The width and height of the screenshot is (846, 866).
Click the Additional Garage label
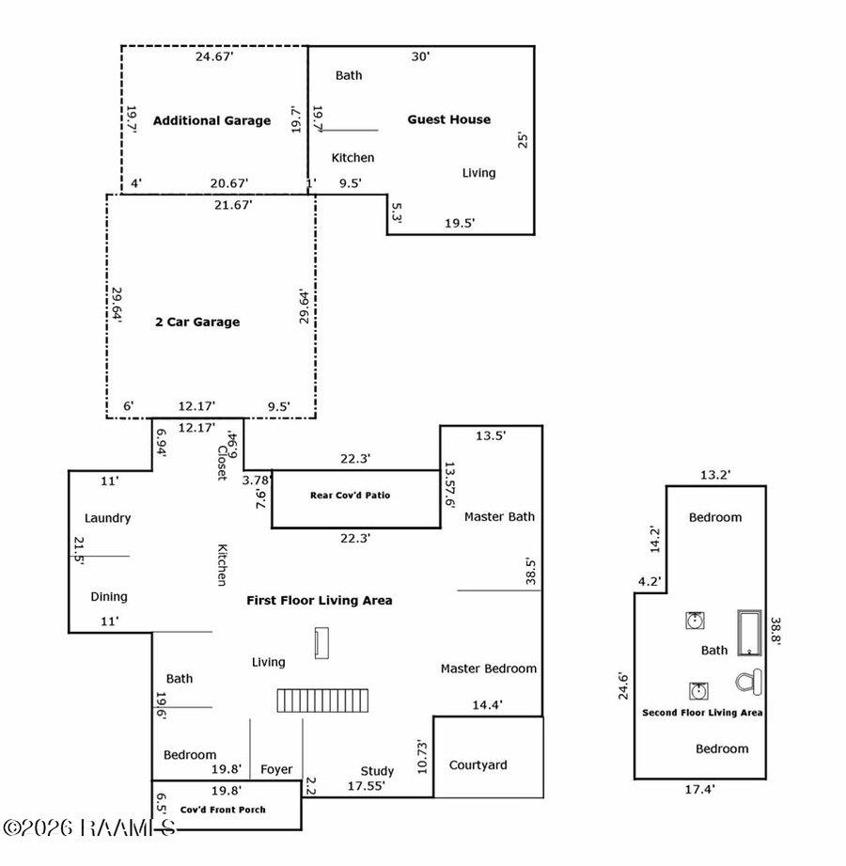[211, 120]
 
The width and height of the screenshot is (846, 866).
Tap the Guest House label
[448, 119]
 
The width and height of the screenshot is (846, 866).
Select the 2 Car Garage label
[197, 322]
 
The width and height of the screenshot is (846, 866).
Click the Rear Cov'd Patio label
[350, 496]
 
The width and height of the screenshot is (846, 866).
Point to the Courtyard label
[478, 764]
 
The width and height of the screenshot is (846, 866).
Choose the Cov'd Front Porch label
[223, 809]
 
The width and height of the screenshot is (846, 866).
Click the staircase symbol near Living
[323, 701]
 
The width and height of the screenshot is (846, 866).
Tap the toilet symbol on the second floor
[749, 680]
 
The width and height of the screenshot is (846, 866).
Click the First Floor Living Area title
[319, 600]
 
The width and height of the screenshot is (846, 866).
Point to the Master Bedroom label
[489, 669]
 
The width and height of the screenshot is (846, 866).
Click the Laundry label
[107, 518]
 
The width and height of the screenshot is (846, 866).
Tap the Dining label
[109, 596]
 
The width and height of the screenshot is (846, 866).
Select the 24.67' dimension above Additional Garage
[214, 57]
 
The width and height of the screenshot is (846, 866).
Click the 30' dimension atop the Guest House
[420, 56]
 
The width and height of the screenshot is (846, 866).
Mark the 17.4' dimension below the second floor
[699, 791]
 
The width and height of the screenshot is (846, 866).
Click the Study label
[377, 771]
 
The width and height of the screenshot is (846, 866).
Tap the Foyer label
[276, 769]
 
